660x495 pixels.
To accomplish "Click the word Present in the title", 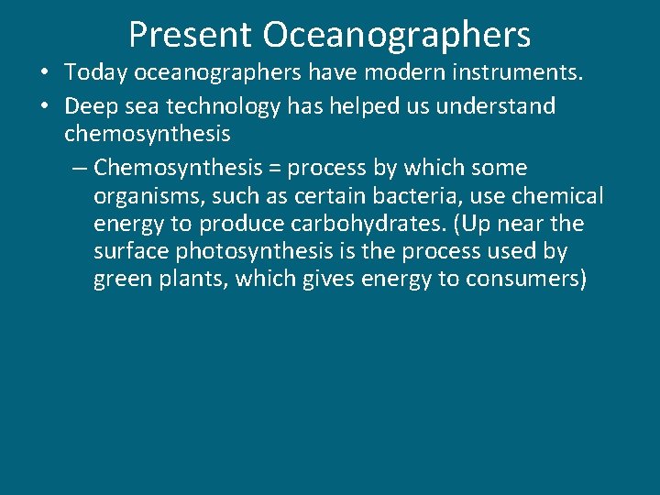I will tap(190, 35).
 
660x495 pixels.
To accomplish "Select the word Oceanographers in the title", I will tap(397, 35).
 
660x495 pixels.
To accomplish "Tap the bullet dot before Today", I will tap(43, 79).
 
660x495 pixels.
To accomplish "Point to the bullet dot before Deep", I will tap(43, 106).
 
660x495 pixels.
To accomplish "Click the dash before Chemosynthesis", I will tap(80, 169).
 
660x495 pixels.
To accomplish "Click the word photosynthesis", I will tap(246, 251).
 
